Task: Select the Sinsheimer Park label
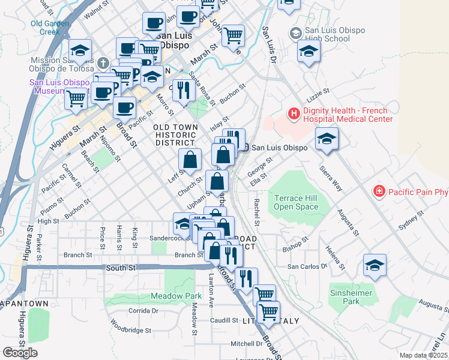(x=351, y=297)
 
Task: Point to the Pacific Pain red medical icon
(x=379, y=192)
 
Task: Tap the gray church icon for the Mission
(x=103, y=62)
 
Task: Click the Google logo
(x=20, y=352)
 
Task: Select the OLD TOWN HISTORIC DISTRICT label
(x=175, y=135)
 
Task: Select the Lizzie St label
(x=319, y=92)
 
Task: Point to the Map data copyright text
(x=423, y=355)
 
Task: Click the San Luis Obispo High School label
(x=327, y=35)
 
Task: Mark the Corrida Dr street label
(x=143, y=311)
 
